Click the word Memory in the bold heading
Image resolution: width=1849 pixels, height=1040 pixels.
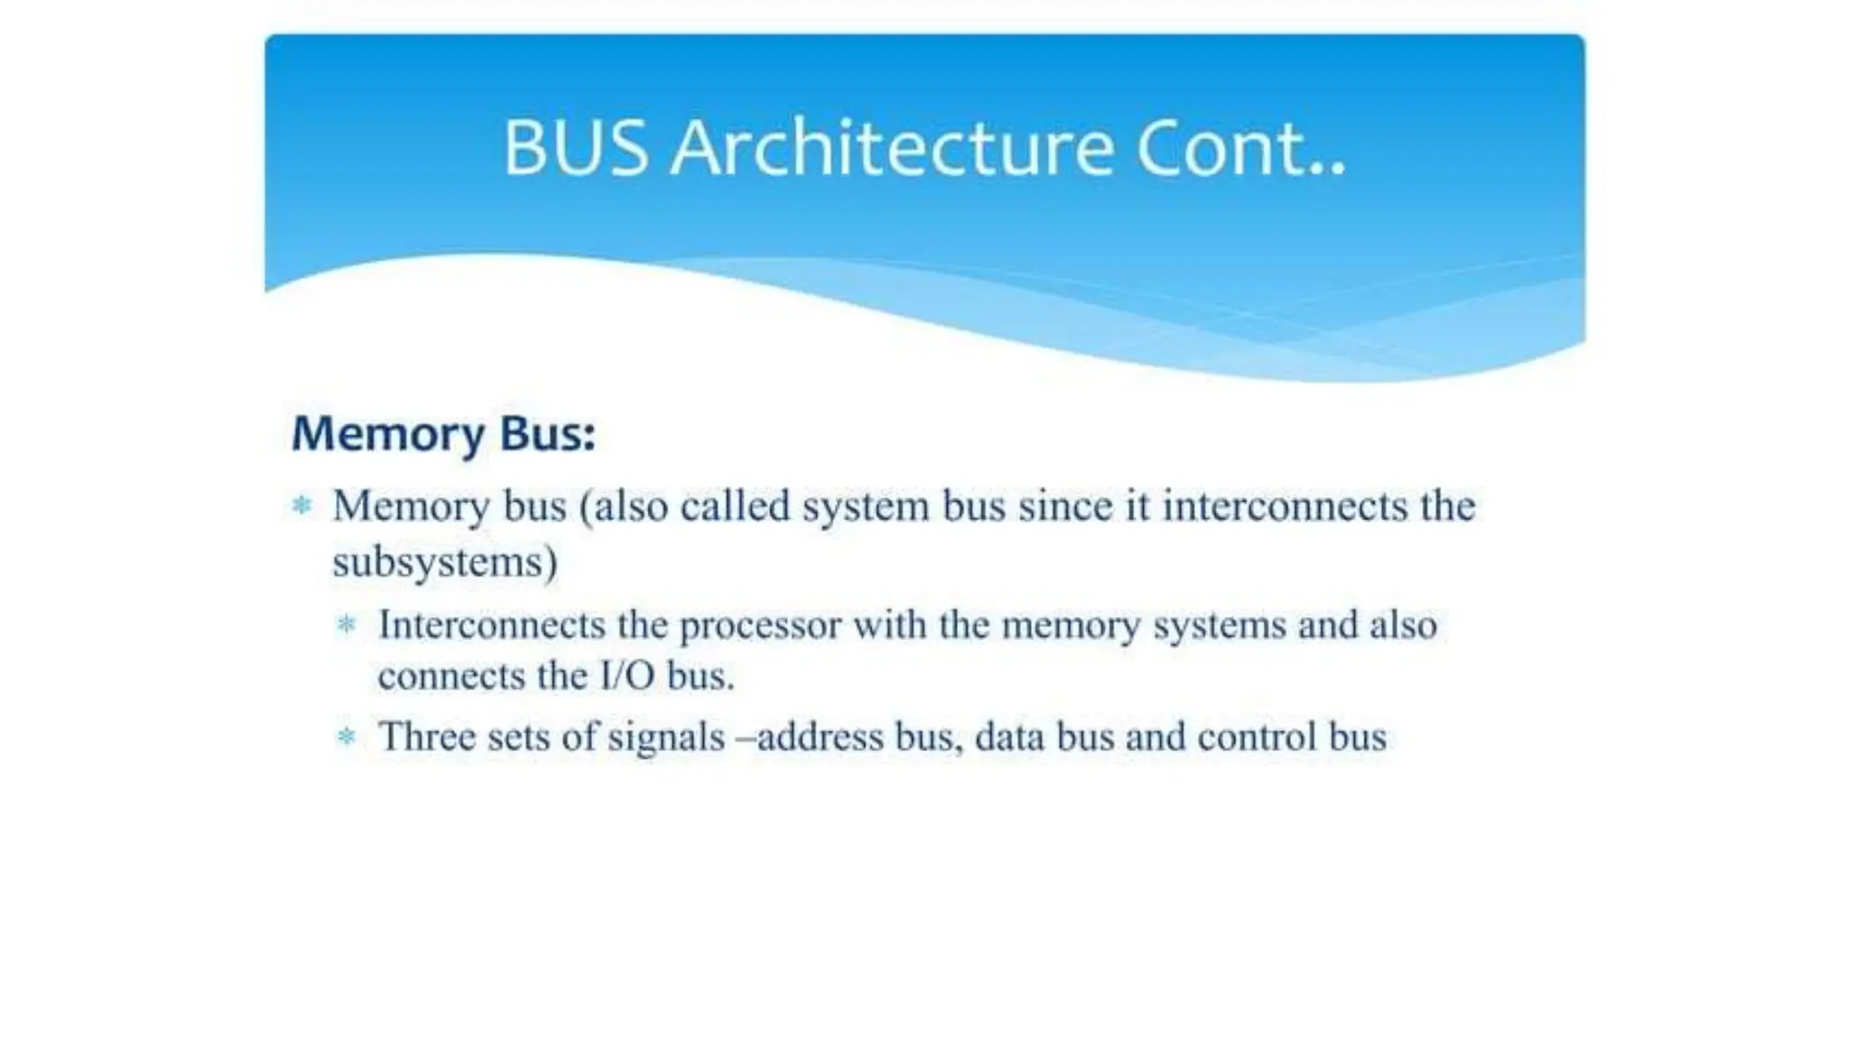(388, 435)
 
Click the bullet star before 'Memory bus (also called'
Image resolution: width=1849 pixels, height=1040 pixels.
(302, 506)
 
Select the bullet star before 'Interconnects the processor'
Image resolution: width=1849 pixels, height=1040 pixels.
(347, 625)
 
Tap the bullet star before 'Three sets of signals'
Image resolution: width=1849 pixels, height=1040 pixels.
(347, 737)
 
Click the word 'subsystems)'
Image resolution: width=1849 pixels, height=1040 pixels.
(445, 563)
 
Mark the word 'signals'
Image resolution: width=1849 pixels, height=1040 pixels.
(666, 738)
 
